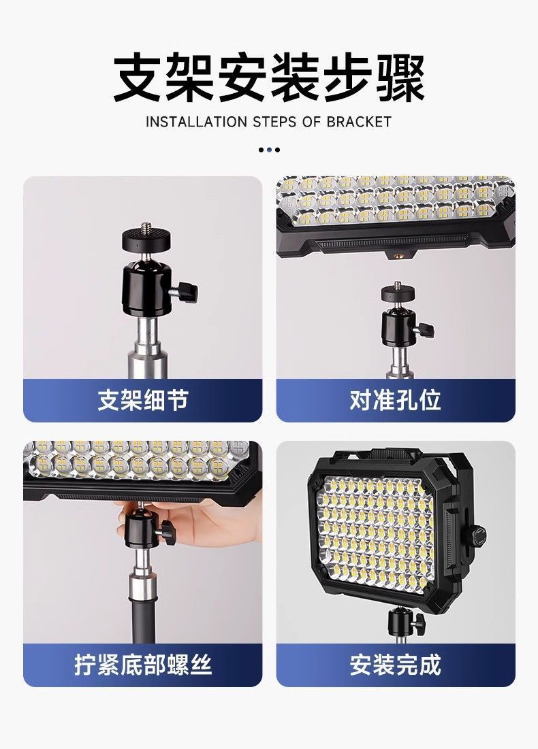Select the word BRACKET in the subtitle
point(359,122)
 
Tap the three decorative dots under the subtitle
point(269,150)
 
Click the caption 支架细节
point(142,400)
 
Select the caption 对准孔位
point(395,400)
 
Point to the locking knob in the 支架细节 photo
point(186,293)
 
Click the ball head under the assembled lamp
point(402,620)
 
